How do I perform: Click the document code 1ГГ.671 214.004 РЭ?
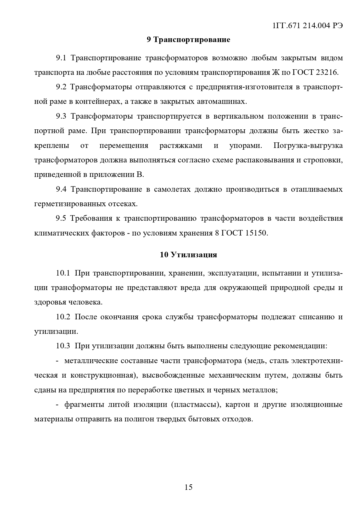click(307, 26)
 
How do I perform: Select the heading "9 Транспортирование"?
click(188, 40)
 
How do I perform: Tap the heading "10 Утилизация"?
click(188, 255)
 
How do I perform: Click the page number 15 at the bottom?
click(188, 487)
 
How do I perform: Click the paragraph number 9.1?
click(61, 58)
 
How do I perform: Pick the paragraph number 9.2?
click(61, 87)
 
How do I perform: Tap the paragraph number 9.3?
click(61, 116)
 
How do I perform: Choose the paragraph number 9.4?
click(61, 189)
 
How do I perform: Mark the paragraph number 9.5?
click(61, 218)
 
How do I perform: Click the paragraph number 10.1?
click(63, 273)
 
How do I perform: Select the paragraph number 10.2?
click(63, 317)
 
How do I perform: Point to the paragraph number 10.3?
click(63, 346)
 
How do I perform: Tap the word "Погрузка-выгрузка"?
click(308, 146)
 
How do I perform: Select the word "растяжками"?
click(181, 146)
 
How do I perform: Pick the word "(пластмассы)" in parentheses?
click(195, 405)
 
